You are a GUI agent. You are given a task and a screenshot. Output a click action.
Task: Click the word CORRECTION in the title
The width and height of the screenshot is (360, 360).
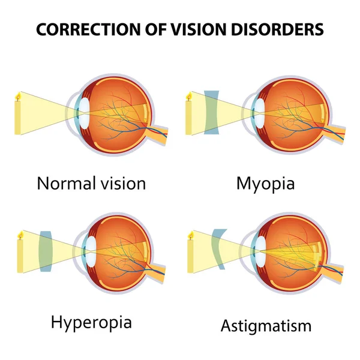pos(88,29)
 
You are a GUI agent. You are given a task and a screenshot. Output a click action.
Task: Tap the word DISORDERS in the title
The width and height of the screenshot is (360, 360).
pos(277,29)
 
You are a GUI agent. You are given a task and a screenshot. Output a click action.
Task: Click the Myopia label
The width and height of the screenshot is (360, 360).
pos(265,184)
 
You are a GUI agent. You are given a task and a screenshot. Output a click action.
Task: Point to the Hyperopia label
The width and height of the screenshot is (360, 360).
pos(91,323)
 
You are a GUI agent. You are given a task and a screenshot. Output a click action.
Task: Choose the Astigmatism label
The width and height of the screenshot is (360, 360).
pos(266,326)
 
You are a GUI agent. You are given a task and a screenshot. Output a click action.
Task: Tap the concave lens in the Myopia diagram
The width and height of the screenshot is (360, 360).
pos(211,113)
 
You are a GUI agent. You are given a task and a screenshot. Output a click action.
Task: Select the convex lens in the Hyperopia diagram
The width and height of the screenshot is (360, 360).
pos(46,251)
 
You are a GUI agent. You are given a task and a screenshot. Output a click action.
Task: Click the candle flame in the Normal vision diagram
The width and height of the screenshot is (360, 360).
pos(17,96)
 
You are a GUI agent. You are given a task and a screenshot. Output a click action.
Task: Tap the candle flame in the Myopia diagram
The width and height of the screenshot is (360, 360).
pos(189,97)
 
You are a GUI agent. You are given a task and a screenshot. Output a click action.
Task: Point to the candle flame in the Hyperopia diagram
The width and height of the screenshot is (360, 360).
pos(21,235)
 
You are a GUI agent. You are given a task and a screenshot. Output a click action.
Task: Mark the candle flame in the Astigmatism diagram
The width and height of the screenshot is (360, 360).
pos(191,235)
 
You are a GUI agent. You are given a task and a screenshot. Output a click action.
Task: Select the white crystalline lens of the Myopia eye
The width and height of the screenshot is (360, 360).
pos(260,113)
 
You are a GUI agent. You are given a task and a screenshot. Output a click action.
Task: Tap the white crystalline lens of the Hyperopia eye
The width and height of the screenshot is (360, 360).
pos(91,251)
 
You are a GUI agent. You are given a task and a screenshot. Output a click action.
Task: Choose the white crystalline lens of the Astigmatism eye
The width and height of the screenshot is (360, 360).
pos(260,251)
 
